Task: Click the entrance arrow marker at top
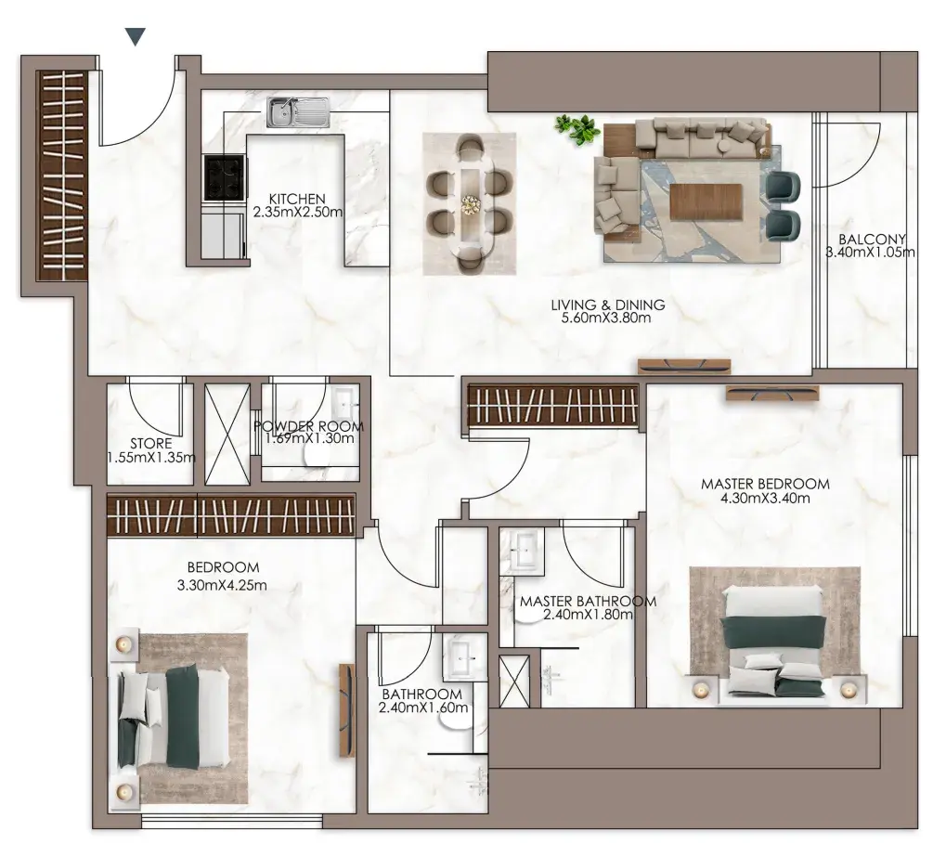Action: coord(137,37)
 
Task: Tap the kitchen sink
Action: coord(299,112)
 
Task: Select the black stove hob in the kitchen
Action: coord(225,178)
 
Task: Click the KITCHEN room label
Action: coord(297,199)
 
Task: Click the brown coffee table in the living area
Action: coord(706,202)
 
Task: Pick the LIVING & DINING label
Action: coord(607,305)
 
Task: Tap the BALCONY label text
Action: coord(872,240)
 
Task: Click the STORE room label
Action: coord(150,444)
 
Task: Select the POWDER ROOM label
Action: coord(308,426)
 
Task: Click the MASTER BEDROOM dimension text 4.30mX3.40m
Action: coord(765,498)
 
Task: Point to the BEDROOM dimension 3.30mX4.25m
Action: coord(222,585)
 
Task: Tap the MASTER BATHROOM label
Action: coord(588,601)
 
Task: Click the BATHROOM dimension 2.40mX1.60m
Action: coord(423,708)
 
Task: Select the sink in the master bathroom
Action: coord(523,551)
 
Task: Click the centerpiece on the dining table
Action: coord(470,204)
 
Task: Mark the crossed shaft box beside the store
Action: coord(227,434)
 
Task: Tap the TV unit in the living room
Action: coord(684,367)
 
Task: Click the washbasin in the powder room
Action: coord(344,401)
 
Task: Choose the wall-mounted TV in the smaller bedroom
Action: coord(347,710)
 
